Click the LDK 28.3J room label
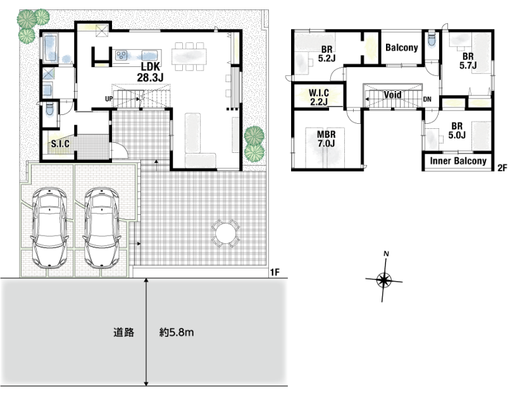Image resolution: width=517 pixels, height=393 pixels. click(151, 72)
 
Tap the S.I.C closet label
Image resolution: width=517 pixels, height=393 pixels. click(60, 144)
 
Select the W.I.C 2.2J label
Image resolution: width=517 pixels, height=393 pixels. click(319, 97)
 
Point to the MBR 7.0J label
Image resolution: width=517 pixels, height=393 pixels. click(327, 139)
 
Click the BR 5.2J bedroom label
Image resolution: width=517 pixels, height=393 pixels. click(327, 54)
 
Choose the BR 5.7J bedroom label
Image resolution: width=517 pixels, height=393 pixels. click(468, 61)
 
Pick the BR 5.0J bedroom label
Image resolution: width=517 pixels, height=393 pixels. click(457, 130)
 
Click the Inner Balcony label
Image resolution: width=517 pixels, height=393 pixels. click(458, 161)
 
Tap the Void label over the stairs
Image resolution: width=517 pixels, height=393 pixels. click(392, 95)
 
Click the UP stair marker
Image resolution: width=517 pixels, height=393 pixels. click(109, 99)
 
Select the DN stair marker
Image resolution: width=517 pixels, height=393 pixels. click(427, 99)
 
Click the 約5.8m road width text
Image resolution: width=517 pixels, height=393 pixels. click(177, 333)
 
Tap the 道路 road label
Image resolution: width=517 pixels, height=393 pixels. click(123, 333)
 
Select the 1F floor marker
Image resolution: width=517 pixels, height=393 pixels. click(275, 272)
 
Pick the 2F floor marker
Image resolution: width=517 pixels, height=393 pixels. click(502, 168)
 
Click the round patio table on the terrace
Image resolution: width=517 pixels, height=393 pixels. click(226, 233)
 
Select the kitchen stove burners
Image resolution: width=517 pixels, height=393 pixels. click(121, 56)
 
